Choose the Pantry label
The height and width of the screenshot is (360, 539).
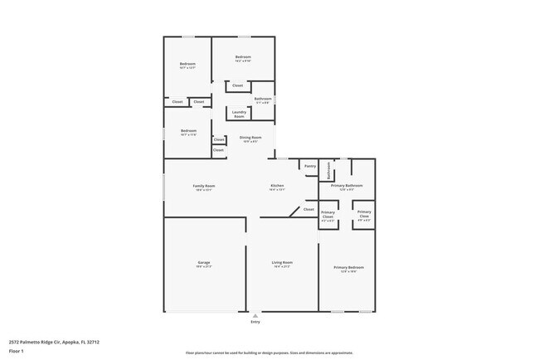point(310,166)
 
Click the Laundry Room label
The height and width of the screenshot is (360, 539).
point(239,114)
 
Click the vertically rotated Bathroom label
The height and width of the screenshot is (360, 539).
point(329,170)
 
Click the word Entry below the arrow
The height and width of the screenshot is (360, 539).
point(255,322)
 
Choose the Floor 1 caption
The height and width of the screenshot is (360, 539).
point(17,351)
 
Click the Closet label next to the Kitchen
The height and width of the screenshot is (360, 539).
point(308,209)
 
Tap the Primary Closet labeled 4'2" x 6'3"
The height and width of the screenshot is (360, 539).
point(328,216)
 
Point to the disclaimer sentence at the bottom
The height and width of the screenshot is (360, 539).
point(269,353)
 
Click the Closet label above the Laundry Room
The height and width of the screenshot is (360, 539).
point(237,85)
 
